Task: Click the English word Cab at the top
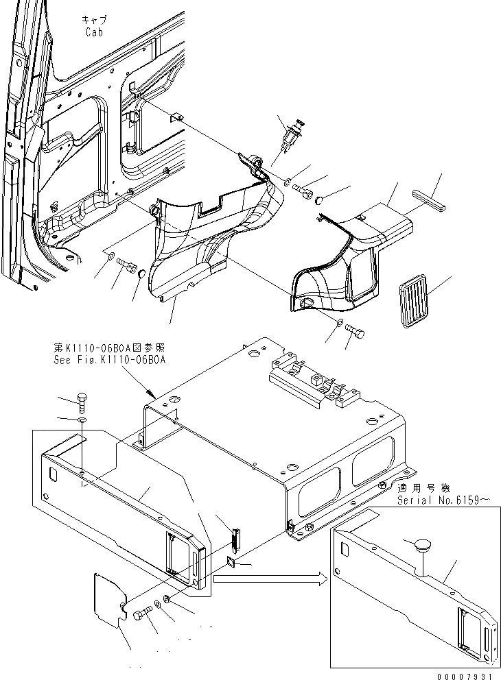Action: [94, 32]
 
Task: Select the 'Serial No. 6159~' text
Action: [443, 500]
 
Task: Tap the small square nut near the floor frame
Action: [231, 563]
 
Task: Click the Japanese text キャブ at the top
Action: [93, 21]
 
